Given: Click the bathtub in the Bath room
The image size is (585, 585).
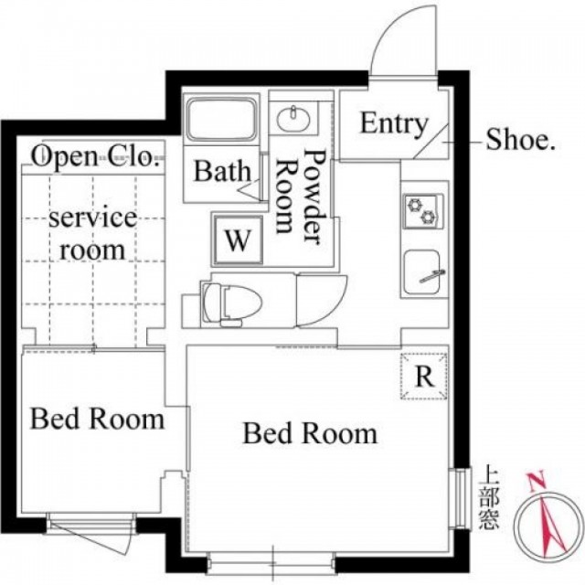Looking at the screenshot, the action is pos(221,119).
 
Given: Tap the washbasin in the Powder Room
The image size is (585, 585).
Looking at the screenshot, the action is pos(293,118).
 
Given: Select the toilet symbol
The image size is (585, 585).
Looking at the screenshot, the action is pos(231,302).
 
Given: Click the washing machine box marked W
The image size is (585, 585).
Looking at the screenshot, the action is pos(238,240).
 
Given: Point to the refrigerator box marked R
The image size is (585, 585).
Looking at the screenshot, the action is pos(424,377).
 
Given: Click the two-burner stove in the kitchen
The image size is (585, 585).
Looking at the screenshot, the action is pos(423,211).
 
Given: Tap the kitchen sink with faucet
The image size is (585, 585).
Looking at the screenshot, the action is pos(421,271).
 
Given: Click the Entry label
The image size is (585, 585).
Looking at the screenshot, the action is pos(394,124).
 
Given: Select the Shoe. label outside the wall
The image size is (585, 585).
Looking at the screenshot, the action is pos(520,140).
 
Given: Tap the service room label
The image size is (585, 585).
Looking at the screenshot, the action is pos(92,234).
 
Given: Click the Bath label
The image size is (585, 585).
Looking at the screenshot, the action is pos(222,171).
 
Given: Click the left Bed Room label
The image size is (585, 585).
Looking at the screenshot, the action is pos(97,419).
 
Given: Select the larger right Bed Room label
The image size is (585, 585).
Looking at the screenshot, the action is pos(310,433).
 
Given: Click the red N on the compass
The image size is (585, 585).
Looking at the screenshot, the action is pos(537,481).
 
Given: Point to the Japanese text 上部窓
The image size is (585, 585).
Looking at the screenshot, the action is pos(489,497).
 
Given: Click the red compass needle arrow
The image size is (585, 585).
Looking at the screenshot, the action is pos(551,523).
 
